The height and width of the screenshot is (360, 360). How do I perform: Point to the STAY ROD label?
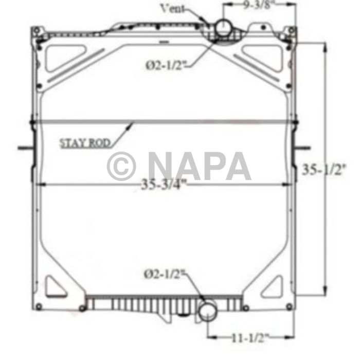point(85,143)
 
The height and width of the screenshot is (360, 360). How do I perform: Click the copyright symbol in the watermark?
point(121,166)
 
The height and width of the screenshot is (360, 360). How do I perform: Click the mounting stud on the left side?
point(25,149)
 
